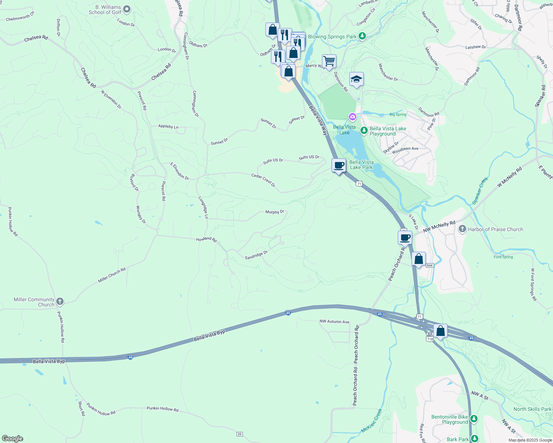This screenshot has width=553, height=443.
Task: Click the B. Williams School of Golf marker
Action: pos(127,10)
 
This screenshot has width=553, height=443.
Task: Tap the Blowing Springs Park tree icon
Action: pos(363,36)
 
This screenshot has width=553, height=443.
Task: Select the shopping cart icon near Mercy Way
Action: pos(329,61)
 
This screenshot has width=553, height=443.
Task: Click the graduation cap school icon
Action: pos(356,79)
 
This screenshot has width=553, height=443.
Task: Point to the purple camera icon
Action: pos(353,117)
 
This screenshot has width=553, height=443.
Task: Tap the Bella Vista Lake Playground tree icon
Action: pos(364,130)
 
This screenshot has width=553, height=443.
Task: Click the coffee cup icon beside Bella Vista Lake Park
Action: pos(339,165)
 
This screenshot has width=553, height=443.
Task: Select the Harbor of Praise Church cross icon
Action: pos(462,229)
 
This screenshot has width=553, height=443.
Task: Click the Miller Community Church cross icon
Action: pos(60,302)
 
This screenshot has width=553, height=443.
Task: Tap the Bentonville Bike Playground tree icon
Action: pos(474,419)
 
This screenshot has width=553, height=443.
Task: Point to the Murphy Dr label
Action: pos(275,212)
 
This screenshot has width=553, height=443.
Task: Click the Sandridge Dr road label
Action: pos(256,255)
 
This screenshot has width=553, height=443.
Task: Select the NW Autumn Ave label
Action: pos(334,322)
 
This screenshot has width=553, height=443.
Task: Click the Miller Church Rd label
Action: pos(112,275)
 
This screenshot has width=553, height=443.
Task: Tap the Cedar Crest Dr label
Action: pos(263,180)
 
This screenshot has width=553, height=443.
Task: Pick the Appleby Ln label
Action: pos(168,127)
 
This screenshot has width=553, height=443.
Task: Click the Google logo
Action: pos(12,439)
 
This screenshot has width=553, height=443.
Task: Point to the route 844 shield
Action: pos(429,265)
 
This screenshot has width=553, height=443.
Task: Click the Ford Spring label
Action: pos(503,257)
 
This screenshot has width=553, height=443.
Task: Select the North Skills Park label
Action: pos(532,409)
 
